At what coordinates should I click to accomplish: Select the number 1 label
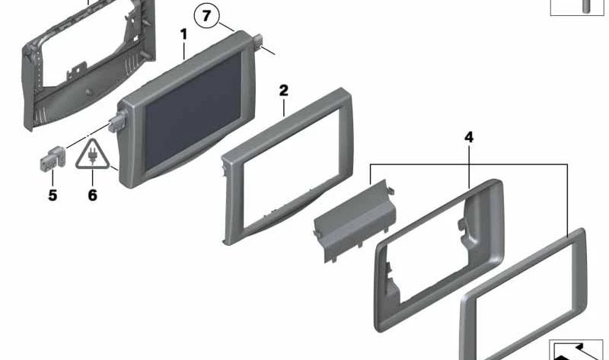coord(183,34)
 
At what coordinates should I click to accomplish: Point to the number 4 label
coord(468,138)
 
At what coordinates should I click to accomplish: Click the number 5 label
coord(53,196)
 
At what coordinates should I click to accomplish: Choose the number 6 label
coord(92,196)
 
